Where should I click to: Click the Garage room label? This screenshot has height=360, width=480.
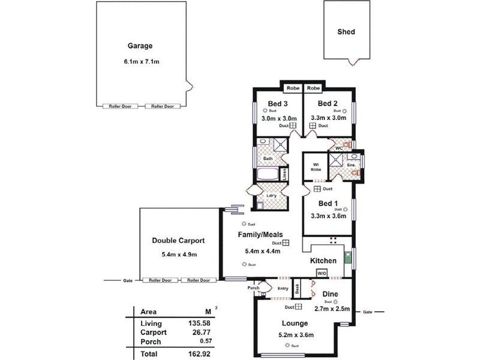140,46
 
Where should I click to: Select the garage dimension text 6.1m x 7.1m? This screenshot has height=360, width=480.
140,61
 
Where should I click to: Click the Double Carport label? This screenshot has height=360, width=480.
178,241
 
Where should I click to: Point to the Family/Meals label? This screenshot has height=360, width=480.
260,235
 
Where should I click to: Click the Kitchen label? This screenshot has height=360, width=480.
323,262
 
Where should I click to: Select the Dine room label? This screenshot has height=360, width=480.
330,294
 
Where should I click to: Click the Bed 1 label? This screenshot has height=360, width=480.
328,203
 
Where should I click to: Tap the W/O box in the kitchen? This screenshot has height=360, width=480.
322,274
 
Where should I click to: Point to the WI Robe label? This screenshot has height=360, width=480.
316,167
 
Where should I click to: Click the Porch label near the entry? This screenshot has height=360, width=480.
254,288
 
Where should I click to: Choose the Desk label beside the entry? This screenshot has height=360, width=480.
297,289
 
